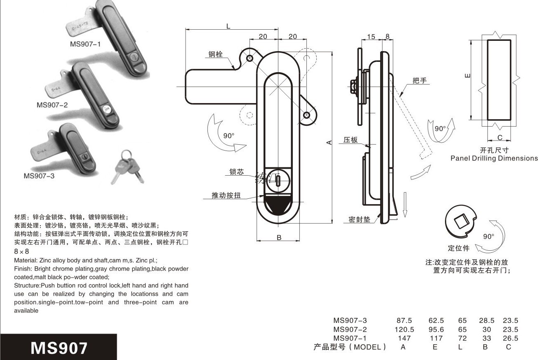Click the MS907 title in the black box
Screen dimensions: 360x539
(x=59, y=347)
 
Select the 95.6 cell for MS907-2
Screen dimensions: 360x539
(x=435, y=329)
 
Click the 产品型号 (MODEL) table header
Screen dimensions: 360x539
(x=350, y=347)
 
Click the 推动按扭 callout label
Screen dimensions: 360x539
(x=226, y=195)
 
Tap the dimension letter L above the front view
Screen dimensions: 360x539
(x=228, y=26)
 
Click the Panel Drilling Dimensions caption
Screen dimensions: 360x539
(x=494, y=158)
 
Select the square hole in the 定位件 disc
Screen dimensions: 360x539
(x=460, y=223)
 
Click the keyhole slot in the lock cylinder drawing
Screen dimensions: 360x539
(x=279, y=181)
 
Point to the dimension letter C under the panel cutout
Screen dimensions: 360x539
(x=499, y=137)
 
